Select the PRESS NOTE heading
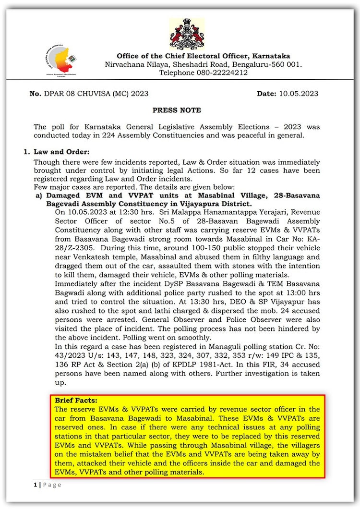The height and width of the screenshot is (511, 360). tap(177, 110)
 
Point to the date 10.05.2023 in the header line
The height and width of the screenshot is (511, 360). tap(298, 94)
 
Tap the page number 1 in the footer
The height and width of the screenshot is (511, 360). tap(35, 485)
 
